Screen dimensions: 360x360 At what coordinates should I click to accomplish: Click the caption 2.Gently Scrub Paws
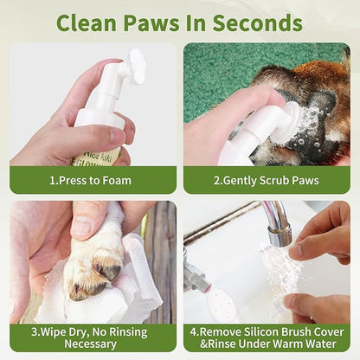(267, 180)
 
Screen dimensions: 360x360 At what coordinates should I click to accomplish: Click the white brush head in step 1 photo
(135, 66)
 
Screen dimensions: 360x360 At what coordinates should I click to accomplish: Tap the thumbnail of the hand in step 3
(80, 227)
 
